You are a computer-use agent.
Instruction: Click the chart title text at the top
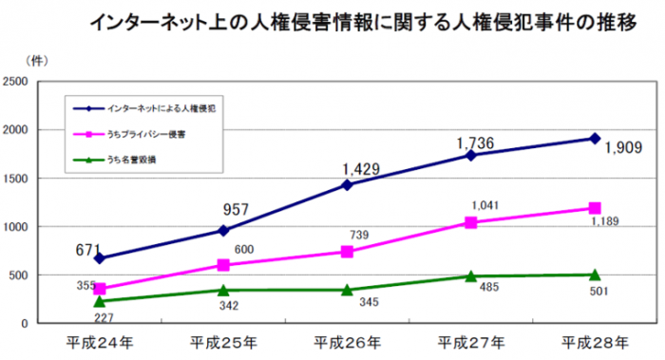pos(361,23)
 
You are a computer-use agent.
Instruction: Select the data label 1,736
pos(478,143)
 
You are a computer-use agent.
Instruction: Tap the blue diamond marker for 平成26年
pos(347,185)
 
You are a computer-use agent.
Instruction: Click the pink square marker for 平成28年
pos(594,208)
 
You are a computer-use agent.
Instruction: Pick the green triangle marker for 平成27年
pos(470,276)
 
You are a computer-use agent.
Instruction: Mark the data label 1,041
pos(484,204)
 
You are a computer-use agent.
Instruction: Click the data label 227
pos(104,318)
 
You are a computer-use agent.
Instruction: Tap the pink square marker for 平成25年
pos(223,265)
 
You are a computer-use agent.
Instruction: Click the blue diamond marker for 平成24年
pos(100,258)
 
